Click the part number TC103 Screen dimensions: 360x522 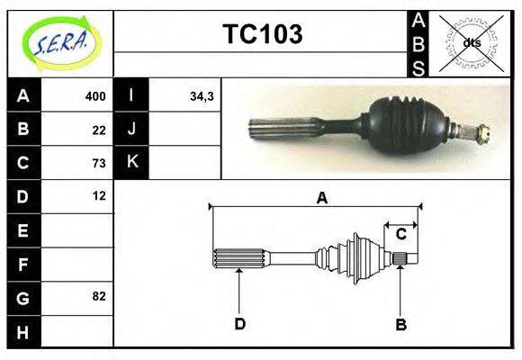[262, 35]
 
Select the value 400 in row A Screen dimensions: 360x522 [95, 96]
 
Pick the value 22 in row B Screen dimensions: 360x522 [99, 130]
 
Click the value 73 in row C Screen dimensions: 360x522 [99, 163]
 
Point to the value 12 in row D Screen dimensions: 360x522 [99, 195]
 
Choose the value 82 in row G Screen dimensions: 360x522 [99, 295]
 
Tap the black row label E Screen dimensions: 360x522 [23, 230]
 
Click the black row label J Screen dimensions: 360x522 [132, 130]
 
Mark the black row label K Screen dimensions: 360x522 [132, 163]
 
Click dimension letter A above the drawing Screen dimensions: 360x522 [321, 198]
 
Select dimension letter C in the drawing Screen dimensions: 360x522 [401, 234]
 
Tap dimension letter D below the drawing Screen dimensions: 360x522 [239, 324]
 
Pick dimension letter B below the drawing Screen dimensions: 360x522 [401, 324]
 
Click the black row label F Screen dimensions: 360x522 [23, 264]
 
